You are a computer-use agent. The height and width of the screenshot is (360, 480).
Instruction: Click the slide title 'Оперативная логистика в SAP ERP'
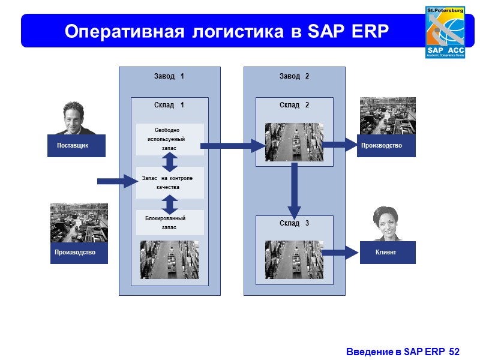pos(227,31)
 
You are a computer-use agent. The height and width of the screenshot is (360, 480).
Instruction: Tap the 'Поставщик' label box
pos(77,146)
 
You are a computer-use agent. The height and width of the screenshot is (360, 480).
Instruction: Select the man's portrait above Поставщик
pos(74,118)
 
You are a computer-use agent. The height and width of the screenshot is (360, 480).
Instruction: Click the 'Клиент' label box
pos(387,252)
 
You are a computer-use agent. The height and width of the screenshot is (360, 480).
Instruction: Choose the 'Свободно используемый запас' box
pos(170,139)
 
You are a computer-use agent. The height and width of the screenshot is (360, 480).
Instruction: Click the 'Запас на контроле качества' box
pos(170,182)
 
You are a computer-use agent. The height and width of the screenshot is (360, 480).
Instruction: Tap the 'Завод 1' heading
pos(169,76)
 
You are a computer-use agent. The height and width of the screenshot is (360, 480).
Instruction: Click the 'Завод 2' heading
pos(294,76)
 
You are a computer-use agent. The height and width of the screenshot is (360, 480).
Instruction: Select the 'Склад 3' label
pos(294,223)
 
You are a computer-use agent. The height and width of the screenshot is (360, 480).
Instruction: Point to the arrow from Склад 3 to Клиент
pos(340,253)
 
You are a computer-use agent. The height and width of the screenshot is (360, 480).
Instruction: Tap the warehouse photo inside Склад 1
pos(169,260)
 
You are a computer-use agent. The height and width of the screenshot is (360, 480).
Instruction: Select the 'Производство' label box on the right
pos(387,146)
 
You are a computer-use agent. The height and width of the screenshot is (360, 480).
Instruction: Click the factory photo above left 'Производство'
pos(79,223)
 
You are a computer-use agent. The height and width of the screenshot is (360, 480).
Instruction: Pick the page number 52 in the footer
pos(454,350)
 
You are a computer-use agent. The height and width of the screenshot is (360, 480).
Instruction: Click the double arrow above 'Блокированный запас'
pos(170,204)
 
